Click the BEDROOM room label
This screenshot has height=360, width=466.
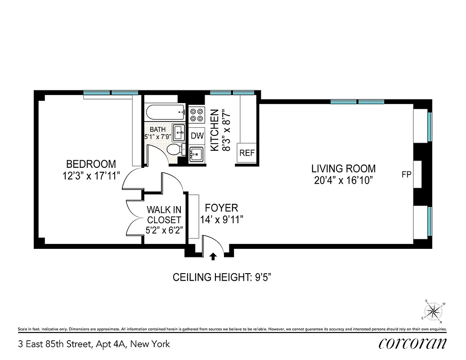coord(91,164)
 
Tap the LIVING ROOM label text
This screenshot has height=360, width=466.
coord(343,169)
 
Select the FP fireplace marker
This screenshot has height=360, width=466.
coord(406,175)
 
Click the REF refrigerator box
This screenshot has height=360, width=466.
coord(247,153)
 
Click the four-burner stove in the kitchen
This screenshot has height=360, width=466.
coord(197,115)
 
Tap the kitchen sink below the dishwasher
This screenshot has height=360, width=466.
coord(197,154)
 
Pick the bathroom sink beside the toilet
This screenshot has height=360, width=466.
coord(179,133)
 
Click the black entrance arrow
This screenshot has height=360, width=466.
coord(213,256)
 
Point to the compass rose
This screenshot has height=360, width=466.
coord(434,310)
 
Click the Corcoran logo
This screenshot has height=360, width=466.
coord(412,344)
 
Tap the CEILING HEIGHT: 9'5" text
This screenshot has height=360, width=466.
coord(222,277)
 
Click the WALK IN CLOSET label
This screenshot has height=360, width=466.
coord(164,215)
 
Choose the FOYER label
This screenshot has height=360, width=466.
coord(221,208)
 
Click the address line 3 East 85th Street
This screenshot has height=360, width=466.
coord(94,344)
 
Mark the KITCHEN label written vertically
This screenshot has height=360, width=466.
coord(215,130)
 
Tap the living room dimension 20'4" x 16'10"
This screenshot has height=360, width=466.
coord(343,180)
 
